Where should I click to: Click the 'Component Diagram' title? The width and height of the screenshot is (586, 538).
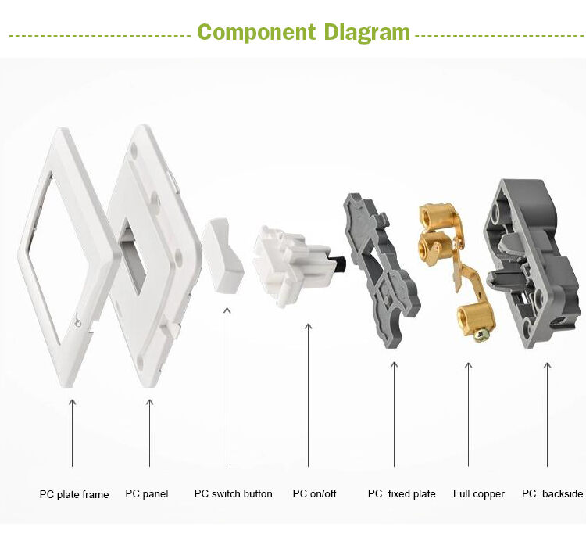click(x=303, y=33)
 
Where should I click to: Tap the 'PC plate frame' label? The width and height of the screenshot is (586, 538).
click(x=74, y=494)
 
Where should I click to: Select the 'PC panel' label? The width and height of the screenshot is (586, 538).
click(x=147, y=494)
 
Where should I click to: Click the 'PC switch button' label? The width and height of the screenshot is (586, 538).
click(x=233, y=493)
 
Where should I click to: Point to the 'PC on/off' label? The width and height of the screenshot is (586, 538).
click(x=314, y=493)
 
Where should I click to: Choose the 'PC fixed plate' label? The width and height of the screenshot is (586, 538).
click(x=402, y=494)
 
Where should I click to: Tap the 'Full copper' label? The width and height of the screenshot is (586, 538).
click(x=479, y=494)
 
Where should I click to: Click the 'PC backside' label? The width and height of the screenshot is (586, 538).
click(x=552, y=493)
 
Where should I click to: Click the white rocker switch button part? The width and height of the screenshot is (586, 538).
click(x=223, y=255)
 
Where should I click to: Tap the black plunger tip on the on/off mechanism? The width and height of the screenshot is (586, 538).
click(x=340, y=264)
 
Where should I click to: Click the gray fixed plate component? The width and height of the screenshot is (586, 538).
click(x=381, y=270)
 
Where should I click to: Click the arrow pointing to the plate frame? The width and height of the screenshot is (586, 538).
click(x=73, y=433)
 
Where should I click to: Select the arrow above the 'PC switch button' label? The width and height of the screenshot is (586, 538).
click(x=227, y=387)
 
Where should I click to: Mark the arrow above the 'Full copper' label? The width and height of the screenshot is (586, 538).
click(x=468, y=414)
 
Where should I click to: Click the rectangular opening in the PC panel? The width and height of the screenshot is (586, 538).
click(x=133, y=258)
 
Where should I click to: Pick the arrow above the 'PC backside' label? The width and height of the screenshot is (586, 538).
click(x=547, y=414)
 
